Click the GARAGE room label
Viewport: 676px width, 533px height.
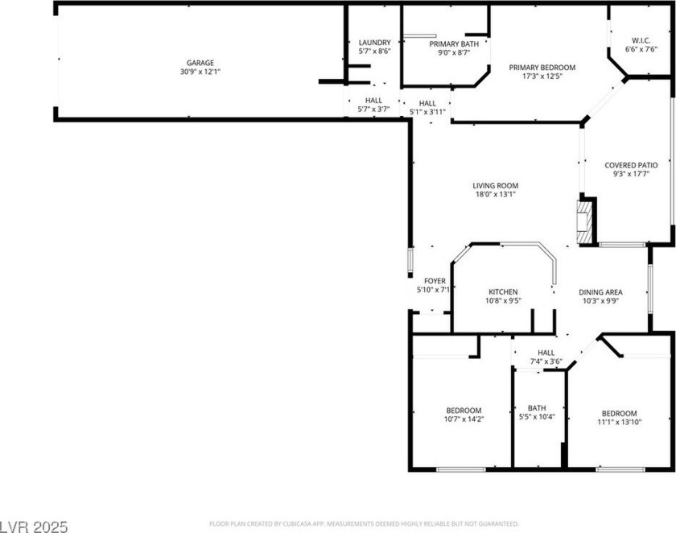[x=200, y=62]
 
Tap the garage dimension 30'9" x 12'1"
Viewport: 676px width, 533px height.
[x=200, y=72]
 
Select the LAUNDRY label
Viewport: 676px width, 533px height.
[x=374, y=43]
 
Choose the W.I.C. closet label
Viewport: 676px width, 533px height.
[x=641, y=39]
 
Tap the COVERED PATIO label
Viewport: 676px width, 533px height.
[x=631, y=164]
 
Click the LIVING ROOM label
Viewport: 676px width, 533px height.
[x=495, y=185]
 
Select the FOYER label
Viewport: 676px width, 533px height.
[x=435, y=281]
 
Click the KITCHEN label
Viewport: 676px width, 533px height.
[x=503, y=291]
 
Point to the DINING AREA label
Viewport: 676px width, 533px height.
[x=600, y=291]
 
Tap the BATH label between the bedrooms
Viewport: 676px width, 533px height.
[x=537, y=407]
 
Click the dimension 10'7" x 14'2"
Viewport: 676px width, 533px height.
[x=464, y=419]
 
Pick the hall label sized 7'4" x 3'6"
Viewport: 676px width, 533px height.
[x=546, y=362]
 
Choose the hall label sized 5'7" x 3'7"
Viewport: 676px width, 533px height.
[x=373, y=109]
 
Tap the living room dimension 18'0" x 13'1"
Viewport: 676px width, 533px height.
[x=495, y=194]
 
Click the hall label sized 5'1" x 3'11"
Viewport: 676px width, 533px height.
[x=427, y=112]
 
